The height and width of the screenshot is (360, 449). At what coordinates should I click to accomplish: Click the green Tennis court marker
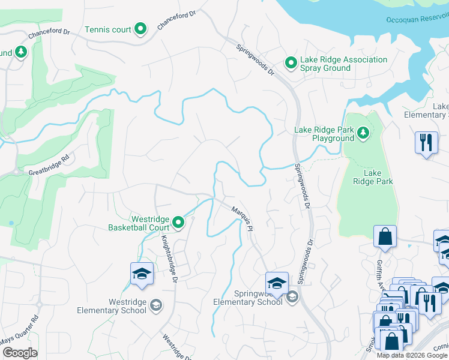tap(140, 29)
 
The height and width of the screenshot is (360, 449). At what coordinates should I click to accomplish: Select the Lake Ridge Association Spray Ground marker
tap(291, 62)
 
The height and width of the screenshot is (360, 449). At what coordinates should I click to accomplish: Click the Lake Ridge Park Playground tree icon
tap(363, 133)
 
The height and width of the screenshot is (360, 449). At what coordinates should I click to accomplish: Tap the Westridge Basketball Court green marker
tap(178, 223)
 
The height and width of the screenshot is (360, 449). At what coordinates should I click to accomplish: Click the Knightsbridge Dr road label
tap(168, 258)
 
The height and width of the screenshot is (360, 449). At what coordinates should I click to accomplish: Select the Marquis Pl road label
tap(244, 217)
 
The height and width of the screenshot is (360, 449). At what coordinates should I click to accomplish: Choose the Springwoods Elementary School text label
tap(248, 298)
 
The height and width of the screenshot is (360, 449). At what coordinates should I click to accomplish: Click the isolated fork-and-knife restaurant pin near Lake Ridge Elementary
tap(426, 142)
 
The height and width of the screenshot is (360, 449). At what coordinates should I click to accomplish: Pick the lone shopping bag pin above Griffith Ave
tap(385, 237)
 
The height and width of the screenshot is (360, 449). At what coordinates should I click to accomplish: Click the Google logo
tap(20, 353)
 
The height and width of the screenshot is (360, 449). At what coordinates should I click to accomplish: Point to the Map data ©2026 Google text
tap(412, 355)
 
